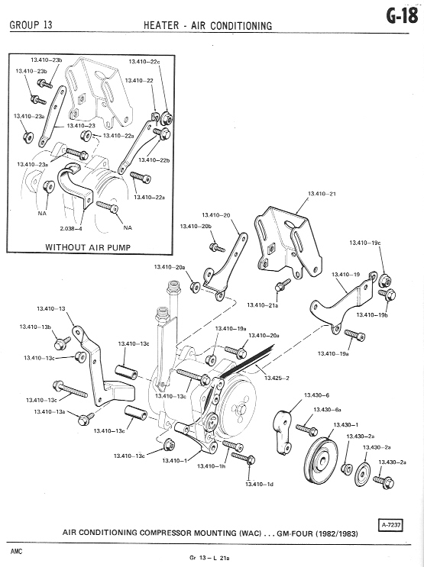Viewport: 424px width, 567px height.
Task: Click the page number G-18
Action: [x=403, y=16]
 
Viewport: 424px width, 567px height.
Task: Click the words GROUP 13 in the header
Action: [x=31, y=25]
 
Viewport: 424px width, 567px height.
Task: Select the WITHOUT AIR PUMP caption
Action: [x=88, y=247]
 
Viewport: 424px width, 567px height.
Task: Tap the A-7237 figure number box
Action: [x=391, y=525]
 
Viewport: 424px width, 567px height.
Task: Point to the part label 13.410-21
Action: [x=322, y=194]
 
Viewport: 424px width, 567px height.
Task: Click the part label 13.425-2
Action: [x=277, y=379]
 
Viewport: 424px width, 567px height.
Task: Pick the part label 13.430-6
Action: [x=316, y=395]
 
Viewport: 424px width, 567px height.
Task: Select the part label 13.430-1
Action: [x=345, y=424]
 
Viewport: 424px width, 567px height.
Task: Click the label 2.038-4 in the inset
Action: [x=71, y=228]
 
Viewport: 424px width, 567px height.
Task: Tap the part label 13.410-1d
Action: [x=259, y=484]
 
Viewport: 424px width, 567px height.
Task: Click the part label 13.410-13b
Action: [x=35, y=327]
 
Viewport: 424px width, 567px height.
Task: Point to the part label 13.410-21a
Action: [x=263, y=305]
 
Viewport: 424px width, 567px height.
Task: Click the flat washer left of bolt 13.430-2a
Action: [x=362, y=474]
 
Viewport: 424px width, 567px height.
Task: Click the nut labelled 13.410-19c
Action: [x=385, y=280]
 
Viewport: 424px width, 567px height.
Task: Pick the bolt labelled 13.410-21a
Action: [x=283, y=285]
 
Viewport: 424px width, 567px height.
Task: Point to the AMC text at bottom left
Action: [x=16, y=552]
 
